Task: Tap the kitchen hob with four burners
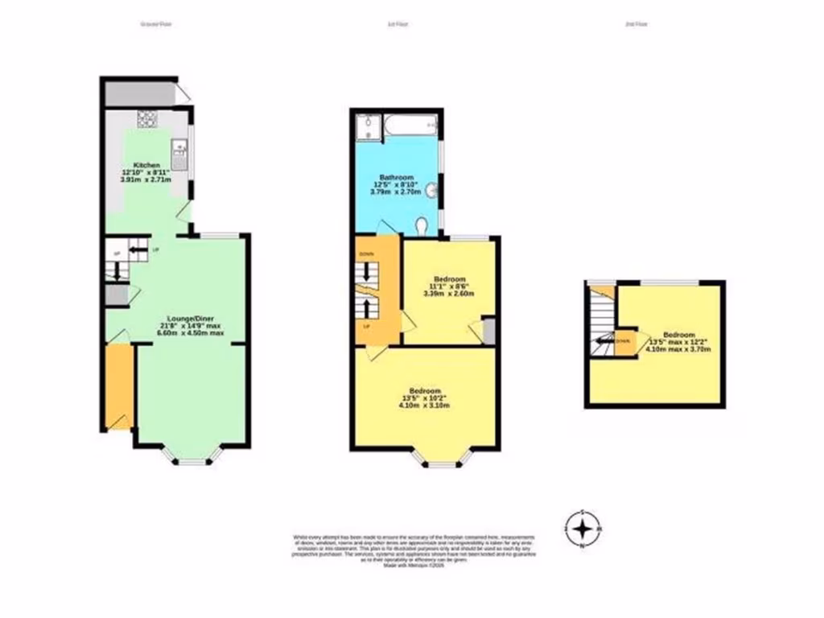(147, 120)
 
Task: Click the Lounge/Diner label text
(189, 317)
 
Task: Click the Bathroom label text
(397, 178)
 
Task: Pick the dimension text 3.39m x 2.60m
(449, 293)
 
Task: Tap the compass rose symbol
(583, 529)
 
